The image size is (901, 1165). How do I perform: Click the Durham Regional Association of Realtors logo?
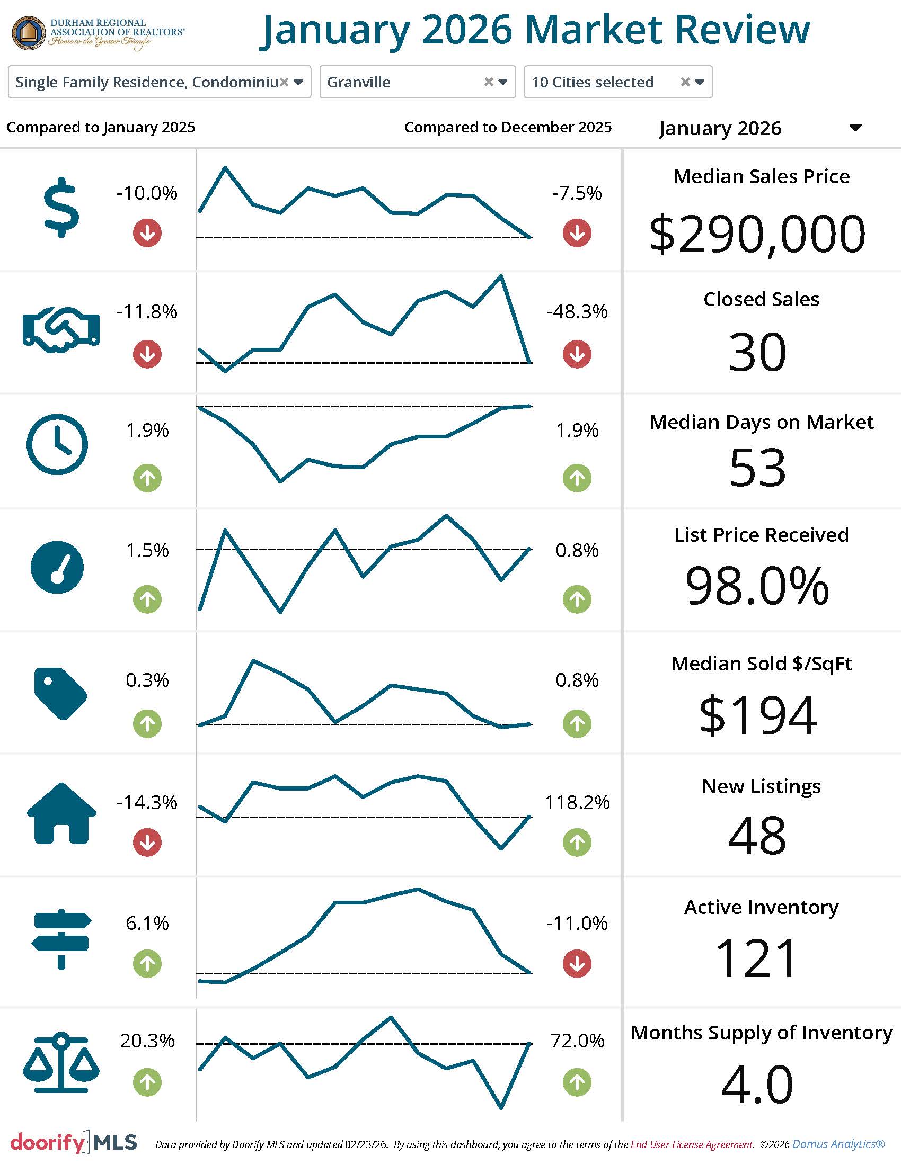pyautogui.click(x=98, y=33)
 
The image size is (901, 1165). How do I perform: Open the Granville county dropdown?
pyautogui.click(x=503, y=82)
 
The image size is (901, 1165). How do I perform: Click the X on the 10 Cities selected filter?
pyautogui.click(x=685, y=82)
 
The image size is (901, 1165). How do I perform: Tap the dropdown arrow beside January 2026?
pyautogui.click(x=855, y=128)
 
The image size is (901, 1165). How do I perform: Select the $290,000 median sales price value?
pyautogui.click(x=757, y=234)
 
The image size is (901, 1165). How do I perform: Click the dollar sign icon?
pyautogui.click(x=61, y=207)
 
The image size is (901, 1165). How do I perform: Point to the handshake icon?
pyautogui.click(x=61, y=330)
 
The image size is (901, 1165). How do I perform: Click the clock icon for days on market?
pyautogui.click(x=57, y=444)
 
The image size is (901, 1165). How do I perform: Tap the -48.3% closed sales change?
pyautogui.click(x=577, y=311)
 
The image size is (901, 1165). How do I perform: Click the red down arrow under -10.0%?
pyautogui.click(x=147, y=233)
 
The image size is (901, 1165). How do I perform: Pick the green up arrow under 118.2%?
pyautogui.click(x=577, y=843)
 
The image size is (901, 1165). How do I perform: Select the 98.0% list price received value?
pyautogui.click(x=757, y=586)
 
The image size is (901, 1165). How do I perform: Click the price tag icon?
pyautogui.click(x=60, y=694)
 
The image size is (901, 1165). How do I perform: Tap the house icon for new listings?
pyautogui.click(x=61, y=813)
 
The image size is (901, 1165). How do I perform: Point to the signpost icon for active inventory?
pyautogui.click(x=61, y=939)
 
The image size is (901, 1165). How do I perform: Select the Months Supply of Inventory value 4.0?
pyautogui.click(x=757, y=1085)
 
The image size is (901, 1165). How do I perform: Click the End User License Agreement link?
pyautogui.click(x=692, y=1144)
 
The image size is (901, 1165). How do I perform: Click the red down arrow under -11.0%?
pyautogui.click(x=577, y=963)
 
